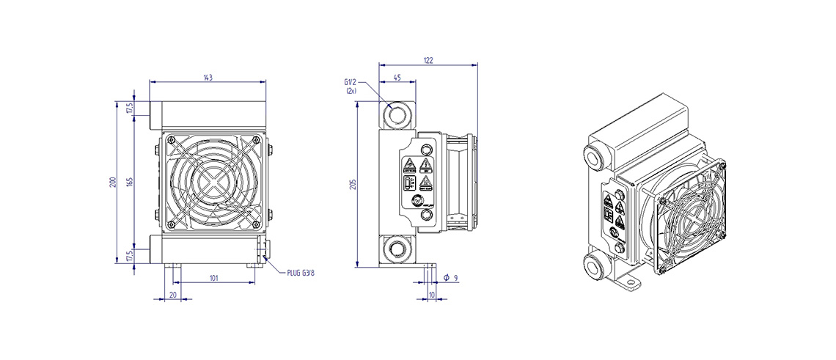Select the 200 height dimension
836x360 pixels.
pos(113,182)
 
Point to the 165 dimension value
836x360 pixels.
pos(130,182)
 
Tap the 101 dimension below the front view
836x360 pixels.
pos(214,277)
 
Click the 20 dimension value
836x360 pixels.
pos(173,294)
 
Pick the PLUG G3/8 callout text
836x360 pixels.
pos(301,273)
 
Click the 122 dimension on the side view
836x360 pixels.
pos(428,61)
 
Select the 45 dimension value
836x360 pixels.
pos(397,76)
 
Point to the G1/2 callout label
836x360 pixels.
pos(350,82)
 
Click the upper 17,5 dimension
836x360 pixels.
pos(130,108)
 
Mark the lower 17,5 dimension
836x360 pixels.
pos(130,255)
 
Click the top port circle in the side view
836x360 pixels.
pos(397,115)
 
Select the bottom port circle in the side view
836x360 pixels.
pos(397,247)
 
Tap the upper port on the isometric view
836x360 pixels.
pos(593,155)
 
